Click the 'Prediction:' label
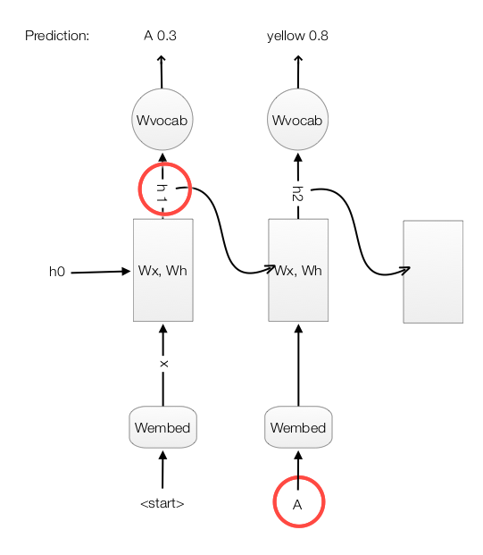click(x=57, y=36)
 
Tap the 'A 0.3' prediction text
click(x=160, y=36)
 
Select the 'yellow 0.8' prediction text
click(x=297, y=36)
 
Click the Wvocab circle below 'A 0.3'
click(x=162, y=120)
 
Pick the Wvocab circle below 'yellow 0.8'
click(x=297, y=120)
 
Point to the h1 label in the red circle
click(x=162, y=193)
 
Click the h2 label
click(x=297, y=194)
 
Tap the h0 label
click(x=57, y=272)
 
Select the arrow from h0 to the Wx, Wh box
click(x=101, y=272)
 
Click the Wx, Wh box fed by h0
click(x=163, y=270)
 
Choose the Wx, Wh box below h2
click(x=298, y=270)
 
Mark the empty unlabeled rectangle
click(x=433, y=272)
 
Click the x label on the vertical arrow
click(x=163, y=364)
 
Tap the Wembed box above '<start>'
click(x=162, y=427)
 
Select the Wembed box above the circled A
click(x=298, y=427)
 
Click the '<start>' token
click(x=162, y=503)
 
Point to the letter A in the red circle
click(x=297, y=505)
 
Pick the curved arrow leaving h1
click(x=222, y=230)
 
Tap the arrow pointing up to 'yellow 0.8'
click(x=298, y=71)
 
